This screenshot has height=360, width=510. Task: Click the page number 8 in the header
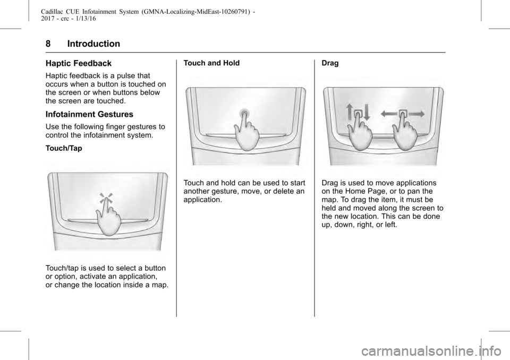(48, 44)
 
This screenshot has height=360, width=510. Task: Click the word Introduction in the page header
(93, 44)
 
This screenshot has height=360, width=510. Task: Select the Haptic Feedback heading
(79, 63)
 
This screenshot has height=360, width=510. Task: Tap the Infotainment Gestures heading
(89, 114)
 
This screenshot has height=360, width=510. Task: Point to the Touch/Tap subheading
(64, 148)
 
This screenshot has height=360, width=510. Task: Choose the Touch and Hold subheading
(211, 63)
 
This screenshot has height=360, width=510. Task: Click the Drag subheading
(330, 63)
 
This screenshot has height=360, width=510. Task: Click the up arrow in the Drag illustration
(350, 112)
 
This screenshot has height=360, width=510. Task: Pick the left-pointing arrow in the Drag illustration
(389, 114)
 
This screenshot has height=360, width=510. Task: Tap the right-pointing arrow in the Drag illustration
(416, 114)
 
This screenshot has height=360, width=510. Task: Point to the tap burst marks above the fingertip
(106, 198)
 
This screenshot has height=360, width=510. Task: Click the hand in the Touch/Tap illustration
(108, 218)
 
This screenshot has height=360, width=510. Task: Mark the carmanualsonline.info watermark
(430, 351)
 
